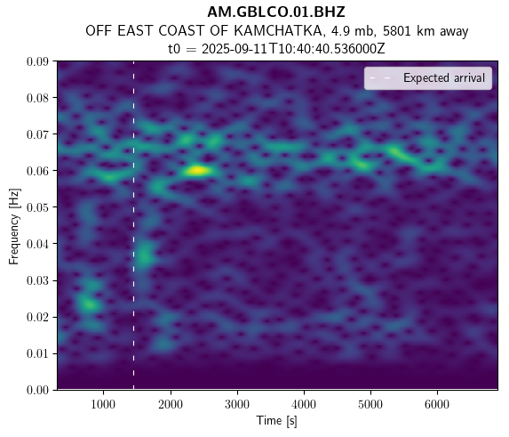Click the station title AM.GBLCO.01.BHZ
(x=276, y=12)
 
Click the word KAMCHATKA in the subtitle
(x=278, y=31)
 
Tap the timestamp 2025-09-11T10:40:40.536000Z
(x=293, y=49)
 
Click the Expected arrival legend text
(x=444, y=78)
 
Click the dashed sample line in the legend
(x=383, y=78)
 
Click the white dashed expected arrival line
(x=133, y=225)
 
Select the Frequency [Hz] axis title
(x=14, y=226)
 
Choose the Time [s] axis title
(x=276, y=421)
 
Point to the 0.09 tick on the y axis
(x=37, y=61)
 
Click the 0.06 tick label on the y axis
(x=37, y=171)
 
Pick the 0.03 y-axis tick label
(x=37, y=280)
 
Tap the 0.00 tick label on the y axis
(x=37, y=390)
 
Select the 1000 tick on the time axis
(x=103, y=404)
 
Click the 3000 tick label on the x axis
(x=237, y=404)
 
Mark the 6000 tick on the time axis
(x=437, y=404)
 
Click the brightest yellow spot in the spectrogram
(x=197, y=170)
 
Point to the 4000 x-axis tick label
(x=304, y=404)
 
